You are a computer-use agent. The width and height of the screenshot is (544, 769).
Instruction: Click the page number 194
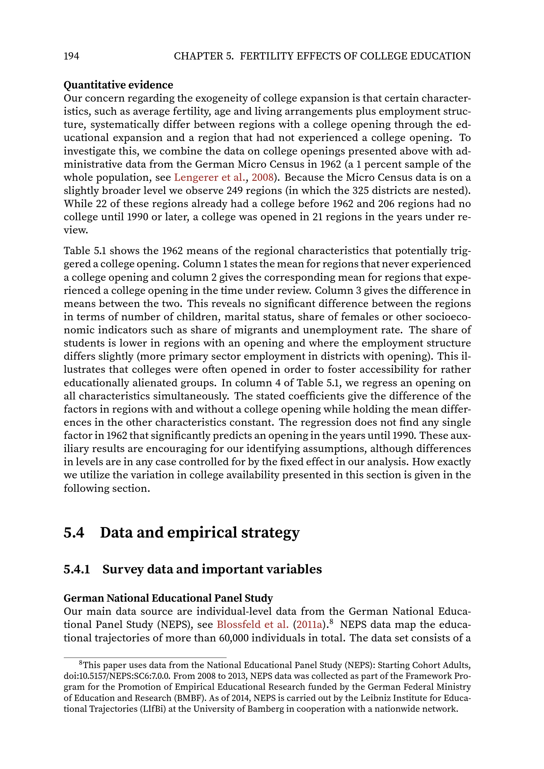pos(71,56)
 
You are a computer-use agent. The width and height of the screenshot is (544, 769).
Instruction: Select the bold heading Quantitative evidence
pos(118,85)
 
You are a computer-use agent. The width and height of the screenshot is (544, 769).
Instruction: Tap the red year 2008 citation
pos(262,177)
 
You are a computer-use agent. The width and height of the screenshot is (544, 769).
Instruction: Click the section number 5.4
pos(74,533)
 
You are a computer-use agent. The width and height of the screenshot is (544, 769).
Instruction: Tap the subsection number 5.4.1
pos(77,569)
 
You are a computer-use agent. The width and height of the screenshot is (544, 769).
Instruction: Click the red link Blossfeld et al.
pos(253,625)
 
